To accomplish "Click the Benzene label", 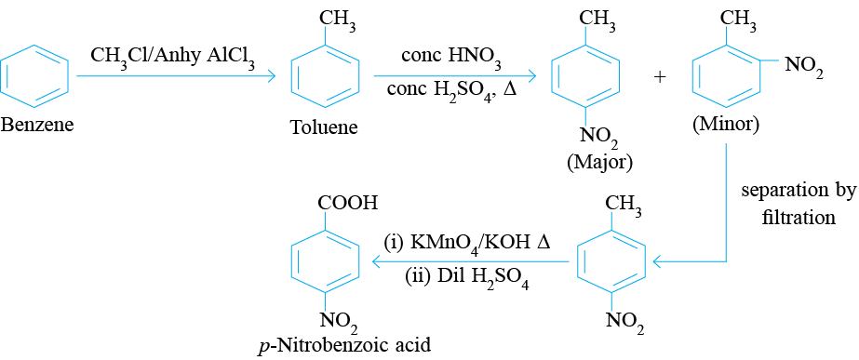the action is coord(37,126).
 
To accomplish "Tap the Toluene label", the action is coord(325,127).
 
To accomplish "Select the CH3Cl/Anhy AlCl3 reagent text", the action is coord(173,58).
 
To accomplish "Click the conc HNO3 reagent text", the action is coord(451,58).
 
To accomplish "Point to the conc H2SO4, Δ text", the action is coord(451,87).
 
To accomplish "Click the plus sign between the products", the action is coord(660,77).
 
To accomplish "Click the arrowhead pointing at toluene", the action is coord(269,76).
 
